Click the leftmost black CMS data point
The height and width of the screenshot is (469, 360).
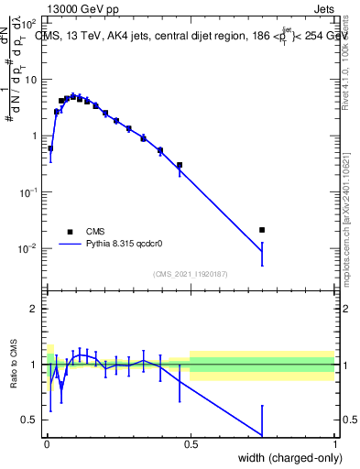pyautogui.click(x=50, y=148)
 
